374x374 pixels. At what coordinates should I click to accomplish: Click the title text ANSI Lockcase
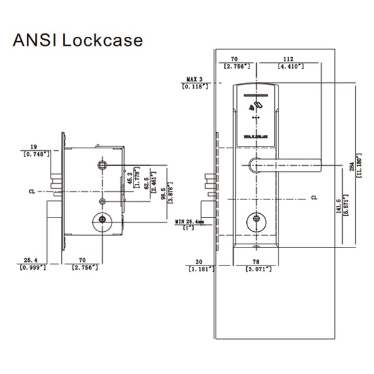(x=78, y=41)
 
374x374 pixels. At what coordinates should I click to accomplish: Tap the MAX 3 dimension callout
(x=194, y=83)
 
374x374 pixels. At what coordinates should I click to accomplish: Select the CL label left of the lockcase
(x=32, y=191)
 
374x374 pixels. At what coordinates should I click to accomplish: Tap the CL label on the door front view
(x=314, y=198)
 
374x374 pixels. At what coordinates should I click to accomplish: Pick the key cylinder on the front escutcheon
(x=254, y=221)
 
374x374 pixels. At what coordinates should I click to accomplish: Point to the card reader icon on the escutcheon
(x=254, y=106)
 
